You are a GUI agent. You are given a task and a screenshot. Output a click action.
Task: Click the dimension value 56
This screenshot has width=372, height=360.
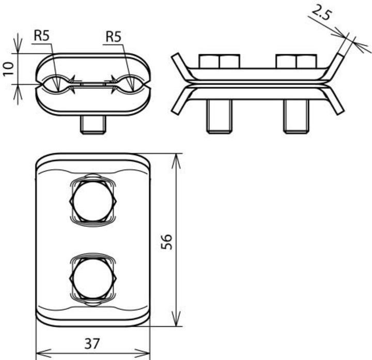pos(166,242)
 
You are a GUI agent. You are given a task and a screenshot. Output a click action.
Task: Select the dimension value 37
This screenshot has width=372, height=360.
pos(92,342)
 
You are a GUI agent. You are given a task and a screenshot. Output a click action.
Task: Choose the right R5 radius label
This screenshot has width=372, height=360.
pos(113,36)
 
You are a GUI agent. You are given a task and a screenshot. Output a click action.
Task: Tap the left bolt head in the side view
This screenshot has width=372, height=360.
pos(219,61)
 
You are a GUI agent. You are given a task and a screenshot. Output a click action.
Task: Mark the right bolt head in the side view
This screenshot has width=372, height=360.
pos(296,61)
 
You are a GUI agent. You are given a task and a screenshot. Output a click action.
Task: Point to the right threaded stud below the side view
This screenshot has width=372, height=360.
pos(296,116)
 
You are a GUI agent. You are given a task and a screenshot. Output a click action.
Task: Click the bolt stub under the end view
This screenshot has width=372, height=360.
pos(94,124)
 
